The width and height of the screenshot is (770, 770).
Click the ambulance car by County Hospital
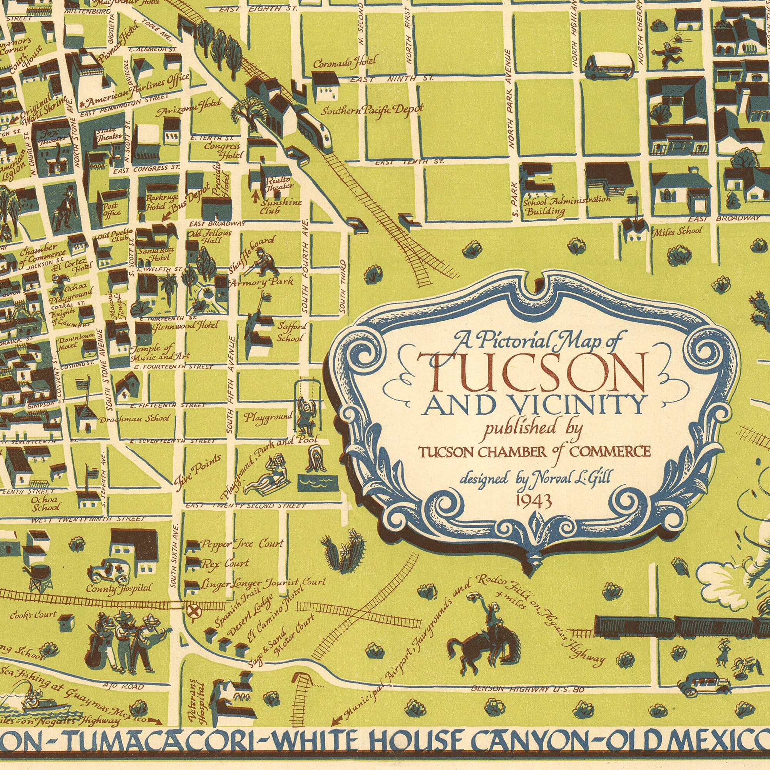point(110,570)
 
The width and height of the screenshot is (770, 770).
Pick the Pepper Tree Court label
point(242,544)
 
